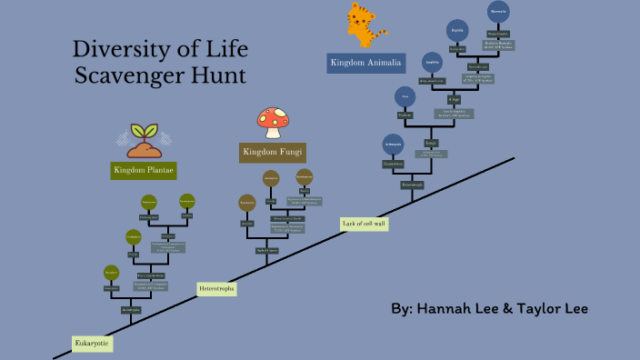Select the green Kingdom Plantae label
click(x=144, y=170)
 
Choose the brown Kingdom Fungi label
click(x=273, y=152)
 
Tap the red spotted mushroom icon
click(x=273, y=120)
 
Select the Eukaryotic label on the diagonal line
click(x=92, y=344)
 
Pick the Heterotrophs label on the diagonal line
click(x=216, y=289)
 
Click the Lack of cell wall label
click(x=364, y=224)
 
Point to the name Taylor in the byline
click(x=538, y=309)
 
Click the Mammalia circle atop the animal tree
click(x=497, y=12)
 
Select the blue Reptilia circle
click(x=457, y=30)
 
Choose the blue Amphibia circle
click(x=433, y=62)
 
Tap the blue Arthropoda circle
click(x=393, y=144)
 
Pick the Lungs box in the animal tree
click(x=432, y=143)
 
